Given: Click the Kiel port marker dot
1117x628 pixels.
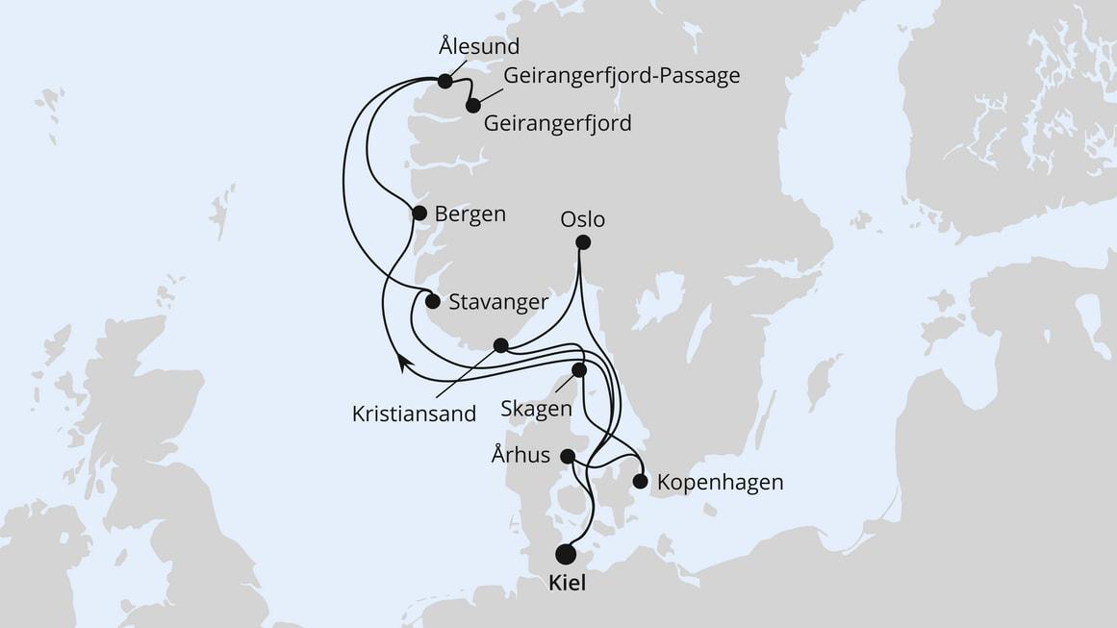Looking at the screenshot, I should tap(566, 554).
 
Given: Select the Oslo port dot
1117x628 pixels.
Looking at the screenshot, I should tap(582, 243).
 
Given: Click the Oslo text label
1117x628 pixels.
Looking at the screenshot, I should tap(582, 219).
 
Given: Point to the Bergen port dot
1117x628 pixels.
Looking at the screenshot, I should tap(419, 214).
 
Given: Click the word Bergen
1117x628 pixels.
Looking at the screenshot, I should tap(470, 214).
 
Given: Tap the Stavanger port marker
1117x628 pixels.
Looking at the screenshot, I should tap(433, 301).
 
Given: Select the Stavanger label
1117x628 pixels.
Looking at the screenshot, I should tap(498, 301).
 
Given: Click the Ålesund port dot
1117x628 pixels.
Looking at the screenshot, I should tap(444, 82).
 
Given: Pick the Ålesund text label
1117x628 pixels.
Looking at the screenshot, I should tap(478, 46).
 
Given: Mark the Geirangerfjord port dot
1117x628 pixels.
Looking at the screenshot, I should tap(472, 106).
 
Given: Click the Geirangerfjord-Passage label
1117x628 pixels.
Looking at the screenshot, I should tap(622, 75).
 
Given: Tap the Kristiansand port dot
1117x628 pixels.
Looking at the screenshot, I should tap(500, 345).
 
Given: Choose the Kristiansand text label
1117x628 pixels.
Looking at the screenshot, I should tap(414, 414).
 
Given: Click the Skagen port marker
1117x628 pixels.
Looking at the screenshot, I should tap(579, 369).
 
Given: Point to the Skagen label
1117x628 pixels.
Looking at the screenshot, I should tap(536, 408).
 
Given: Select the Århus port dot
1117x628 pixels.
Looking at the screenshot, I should tap(569, 456).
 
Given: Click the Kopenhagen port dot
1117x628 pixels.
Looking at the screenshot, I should tap(640, 481).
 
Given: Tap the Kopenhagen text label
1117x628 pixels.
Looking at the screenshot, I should tap(719, 482).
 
